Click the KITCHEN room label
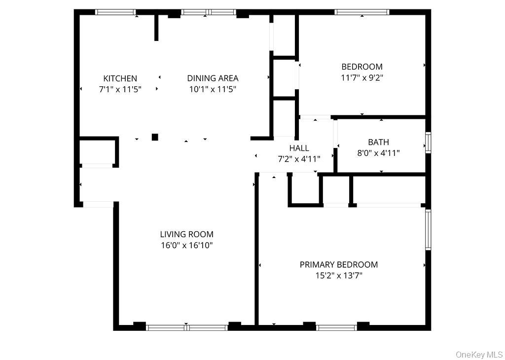pyautogui.click(x=120, y=78)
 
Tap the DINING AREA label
pyautogui.click(x=213, y=78)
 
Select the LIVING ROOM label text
pyautogui.click(x=186, y=234)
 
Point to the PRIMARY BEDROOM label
pyautogui.click(x=338, y=265)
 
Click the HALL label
pyautogui.click(x=299, y=148)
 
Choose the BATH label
pyautogui.click(x=378, y=142)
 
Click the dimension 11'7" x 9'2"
pyautogui.click(x=362, y=77)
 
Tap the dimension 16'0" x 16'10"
pyautogui.click(x=186, y=245)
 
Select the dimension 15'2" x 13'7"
pyautogui.click(x=338, y=276)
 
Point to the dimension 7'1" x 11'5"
pyautogui.click(x=120, y=89)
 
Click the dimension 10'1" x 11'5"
pyautogui.click(x=213, y=89)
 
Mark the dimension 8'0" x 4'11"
pyautogui.click(x=378, y=153)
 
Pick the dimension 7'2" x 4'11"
pyautogui.click(x=299, y=159)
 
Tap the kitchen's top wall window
pyautogui.click(x=115, y=12)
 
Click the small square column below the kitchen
pyautogui.click(x=155, y=137)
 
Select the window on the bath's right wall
pyautogui.click(x=428, y=142)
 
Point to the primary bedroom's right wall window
pyautogui.click(x=428, y=229)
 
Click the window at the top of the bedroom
pyautogui.click(x=361, y=12)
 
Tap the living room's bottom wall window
pyautogui.click(x=187, y=327)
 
